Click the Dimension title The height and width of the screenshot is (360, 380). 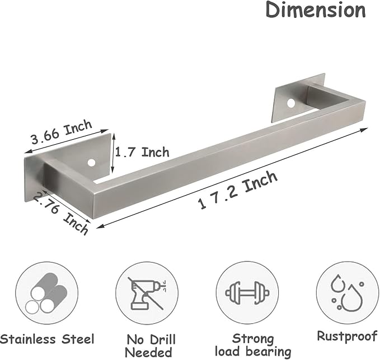(x=316, y=10)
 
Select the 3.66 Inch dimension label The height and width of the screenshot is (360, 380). (x=62, y=134)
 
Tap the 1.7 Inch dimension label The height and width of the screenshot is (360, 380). (x=142, y=152)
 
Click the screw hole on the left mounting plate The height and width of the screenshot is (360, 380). (x=91, y=163)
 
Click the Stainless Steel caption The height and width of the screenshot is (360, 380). (x=48, y=339)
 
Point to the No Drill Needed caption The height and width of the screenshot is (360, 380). (x=150, y=345)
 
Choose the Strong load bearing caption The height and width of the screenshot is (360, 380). (x=254, y=345)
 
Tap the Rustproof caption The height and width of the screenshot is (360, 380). (x=347, y=336)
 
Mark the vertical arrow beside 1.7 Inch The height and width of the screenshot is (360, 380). (x=112, y=152)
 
